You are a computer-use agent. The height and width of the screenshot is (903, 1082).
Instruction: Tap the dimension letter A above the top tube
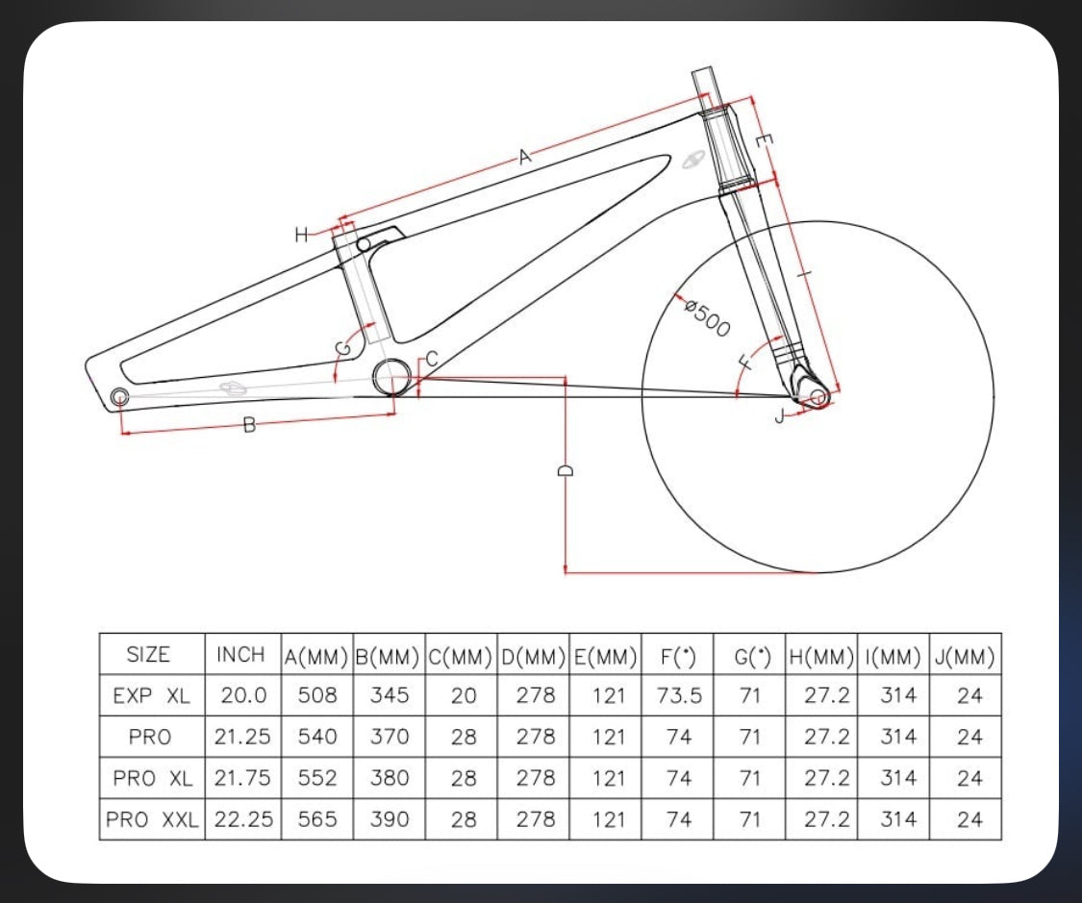click(524, 156)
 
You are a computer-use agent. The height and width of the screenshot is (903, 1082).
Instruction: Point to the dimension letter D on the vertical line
click(566, 470)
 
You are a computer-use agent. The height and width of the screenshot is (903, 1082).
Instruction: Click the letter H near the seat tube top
click(302, 235)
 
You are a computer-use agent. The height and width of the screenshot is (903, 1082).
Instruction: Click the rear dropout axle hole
click(120, 397)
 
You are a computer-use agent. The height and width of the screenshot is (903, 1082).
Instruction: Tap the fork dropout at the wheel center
click(817, 396)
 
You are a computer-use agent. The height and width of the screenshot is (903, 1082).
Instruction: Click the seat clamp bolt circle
click(364, 245)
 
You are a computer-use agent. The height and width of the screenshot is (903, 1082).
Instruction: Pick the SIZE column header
click(149, 655)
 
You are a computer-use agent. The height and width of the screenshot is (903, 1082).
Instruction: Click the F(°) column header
click(679, 658)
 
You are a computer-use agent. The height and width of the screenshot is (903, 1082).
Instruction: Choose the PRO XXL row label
click(152, 819)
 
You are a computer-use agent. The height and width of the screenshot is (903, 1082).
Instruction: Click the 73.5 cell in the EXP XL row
click(679, 696)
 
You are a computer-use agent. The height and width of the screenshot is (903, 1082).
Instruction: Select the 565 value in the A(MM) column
click(317, 819)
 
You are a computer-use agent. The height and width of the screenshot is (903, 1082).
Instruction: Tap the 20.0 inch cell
click(242, 695)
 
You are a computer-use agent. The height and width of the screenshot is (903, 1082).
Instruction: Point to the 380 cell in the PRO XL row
click(389, 778)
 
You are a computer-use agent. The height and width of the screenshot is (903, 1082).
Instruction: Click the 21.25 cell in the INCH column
click(242, 737)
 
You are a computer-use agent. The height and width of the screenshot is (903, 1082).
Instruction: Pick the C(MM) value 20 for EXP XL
click(463, 696)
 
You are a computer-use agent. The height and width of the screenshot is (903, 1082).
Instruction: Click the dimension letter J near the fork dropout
click(779, 415)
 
